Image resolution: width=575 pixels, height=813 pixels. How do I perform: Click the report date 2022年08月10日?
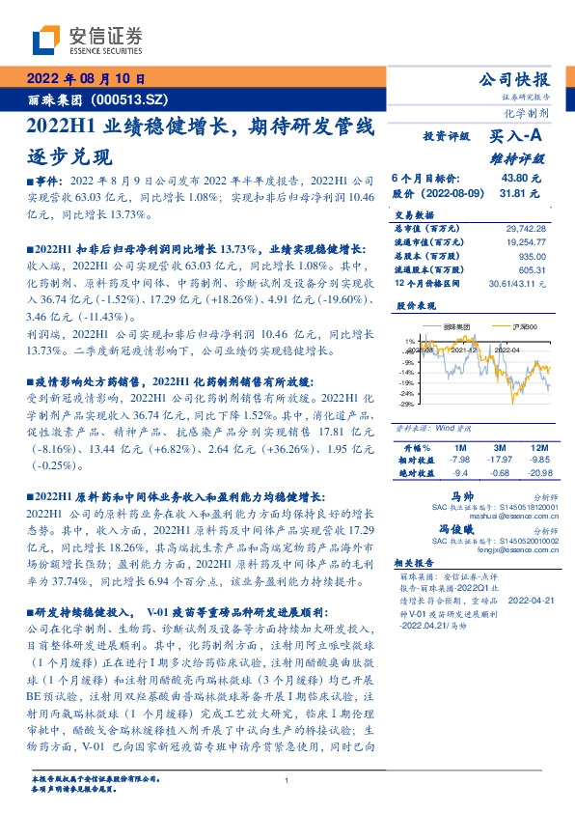pos(85,78)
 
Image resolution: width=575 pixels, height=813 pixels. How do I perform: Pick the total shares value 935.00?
pos(532,256)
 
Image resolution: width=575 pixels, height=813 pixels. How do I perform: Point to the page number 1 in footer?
pos(287,780)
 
